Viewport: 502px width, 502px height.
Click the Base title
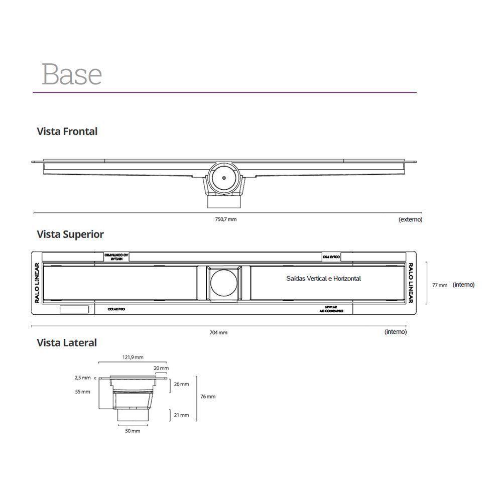click(x=72, y=74)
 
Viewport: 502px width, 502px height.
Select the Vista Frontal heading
click(x=67, y=132)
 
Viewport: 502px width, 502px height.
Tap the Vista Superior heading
click(x=70, y=234)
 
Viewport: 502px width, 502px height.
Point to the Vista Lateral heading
click(x=67, y=343)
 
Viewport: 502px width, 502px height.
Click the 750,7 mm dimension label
click(x=226, y=219)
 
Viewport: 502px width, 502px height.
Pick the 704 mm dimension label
click(x=218, y=332)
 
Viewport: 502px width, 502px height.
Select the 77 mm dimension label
click(x=440, y=285)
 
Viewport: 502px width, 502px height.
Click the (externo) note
click(x=410, y=219)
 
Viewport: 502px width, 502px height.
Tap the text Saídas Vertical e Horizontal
click(x=323, y=279)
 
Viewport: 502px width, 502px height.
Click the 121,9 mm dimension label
click(x=133, y=357)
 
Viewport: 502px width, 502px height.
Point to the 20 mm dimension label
click(x=161, y=368)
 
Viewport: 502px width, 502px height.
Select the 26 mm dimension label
click(x=182, y=384)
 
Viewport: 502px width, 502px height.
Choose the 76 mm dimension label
click(x=208, y=397)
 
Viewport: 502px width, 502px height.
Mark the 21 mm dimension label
click(x=182, y=415)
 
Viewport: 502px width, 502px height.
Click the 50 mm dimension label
click(x=133, y=431)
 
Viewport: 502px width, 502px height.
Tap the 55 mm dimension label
click(x=83, y=392)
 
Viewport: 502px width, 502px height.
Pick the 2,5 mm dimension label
click(x=83, y=378)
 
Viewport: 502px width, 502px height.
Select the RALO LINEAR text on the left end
click(x=37, y=284)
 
